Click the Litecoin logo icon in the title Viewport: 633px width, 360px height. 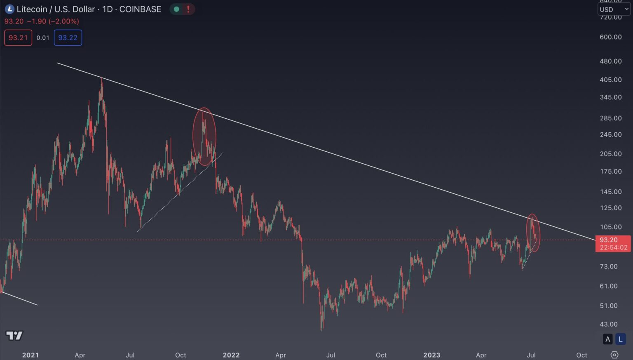point(9,9)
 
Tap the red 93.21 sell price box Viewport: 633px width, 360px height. point(18,38)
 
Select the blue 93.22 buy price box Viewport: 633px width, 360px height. point(68,38)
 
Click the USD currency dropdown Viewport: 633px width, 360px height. point(614,9)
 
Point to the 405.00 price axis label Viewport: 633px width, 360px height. point(610,80)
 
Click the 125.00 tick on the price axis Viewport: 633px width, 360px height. point(610,208)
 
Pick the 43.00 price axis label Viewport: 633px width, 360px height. point(608,324)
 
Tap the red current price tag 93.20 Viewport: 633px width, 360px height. point(612,243)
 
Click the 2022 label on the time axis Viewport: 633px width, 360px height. point(231,355)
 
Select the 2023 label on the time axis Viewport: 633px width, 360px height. point(431,355)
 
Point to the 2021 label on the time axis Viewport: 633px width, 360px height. point(30,355)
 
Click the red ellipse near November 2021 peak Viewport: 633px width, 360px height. point(204,136)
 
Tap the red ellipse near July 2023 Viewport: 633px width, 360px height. point(533,233)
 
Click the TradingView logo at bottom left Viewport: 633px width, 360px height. point(14,335)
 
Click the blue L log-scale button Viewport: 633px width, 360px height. point(620,339)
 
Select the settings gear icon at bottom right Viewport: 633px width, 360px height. point(614,355)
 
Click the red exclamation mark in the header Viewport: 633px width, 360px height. point(188,9)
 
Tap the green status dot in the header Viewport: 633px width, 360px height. point(176,9)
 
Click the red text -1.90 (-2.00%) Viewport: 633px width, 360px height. point(53,21)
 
